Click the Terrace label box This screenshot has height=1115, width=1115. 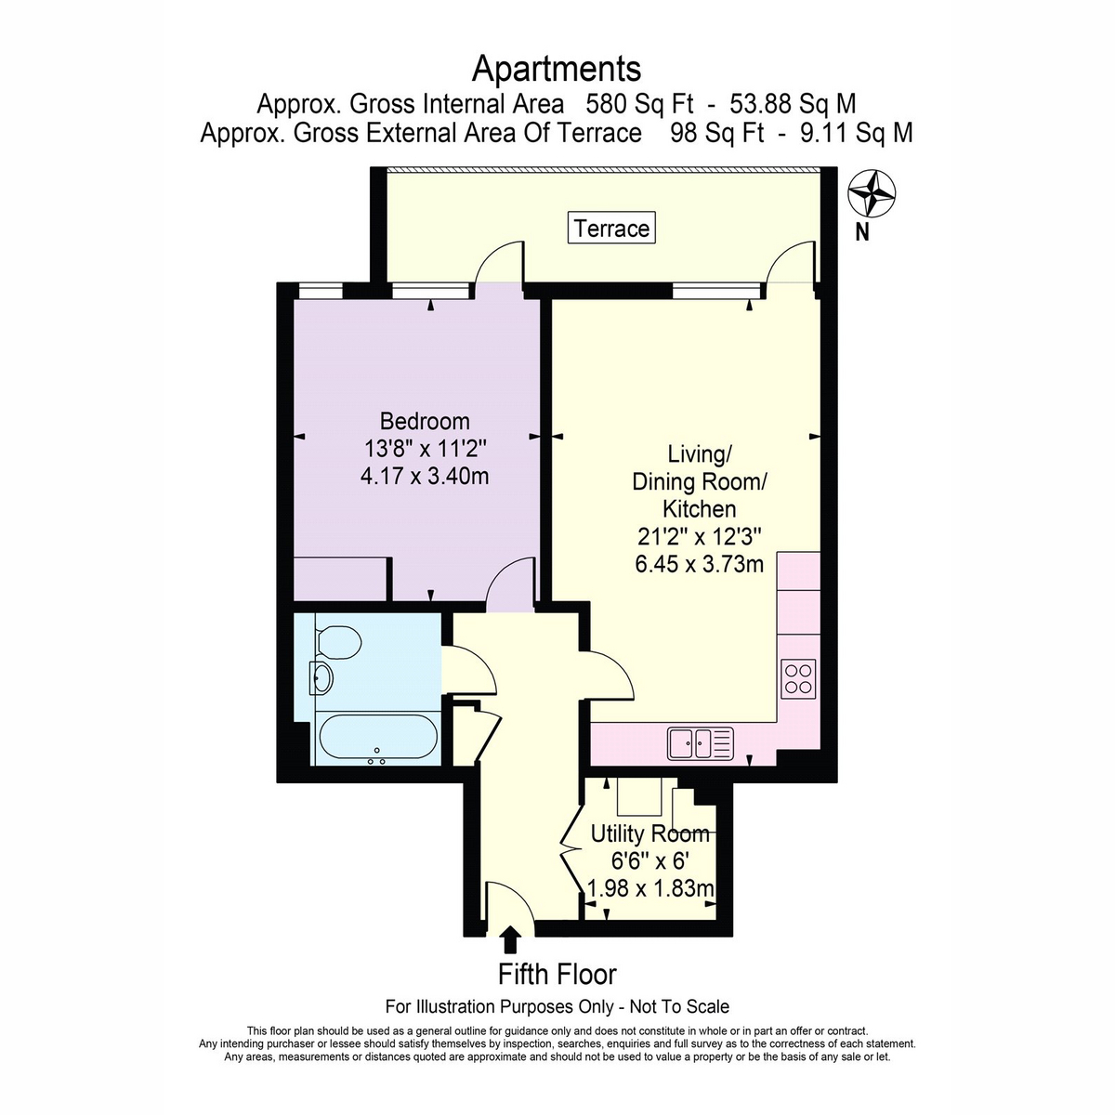pyautogui.click(x=611, y=228)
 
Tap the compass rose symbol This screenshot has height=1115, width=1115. pyautogui.click(x=872, y=194)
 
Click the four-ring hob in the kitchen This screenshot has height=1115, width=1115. pyautogui.click(x=799, y=678)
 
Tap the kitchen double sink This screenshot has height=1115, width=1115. pyautogui.click(x=701, y=743)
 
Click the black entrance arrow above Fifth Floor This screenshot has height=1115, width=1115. pyautogui.click(x=510, y=939)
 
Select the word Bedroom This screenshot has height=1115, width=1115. pyautogui.click(x=425, y=421)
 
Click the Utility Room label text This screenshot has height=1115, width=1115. pyautogui.click(x=649, y=833)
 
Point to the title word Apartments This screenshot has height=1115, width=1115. pyautogui.click(x=557, y=69)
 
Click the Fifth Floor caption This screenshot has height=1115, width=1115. pyautogui.click(x=557, y=975)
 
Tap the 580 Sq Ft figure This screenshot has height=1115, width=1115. pyautogui.click(x=639, y=104)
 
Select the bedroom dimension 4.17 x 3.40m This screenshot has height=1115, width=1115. pyautogui.click(x=425, y=477)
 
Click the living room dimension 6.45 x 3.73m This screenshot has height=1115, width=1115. pyautogui.click(x=700, y=564)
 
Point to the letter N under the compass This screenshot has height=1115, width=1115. pyautogui.click(x=862, y=232)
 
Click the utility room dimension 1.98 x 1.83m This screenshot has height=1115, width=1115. pyautogui.click(x=650, y=888)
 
